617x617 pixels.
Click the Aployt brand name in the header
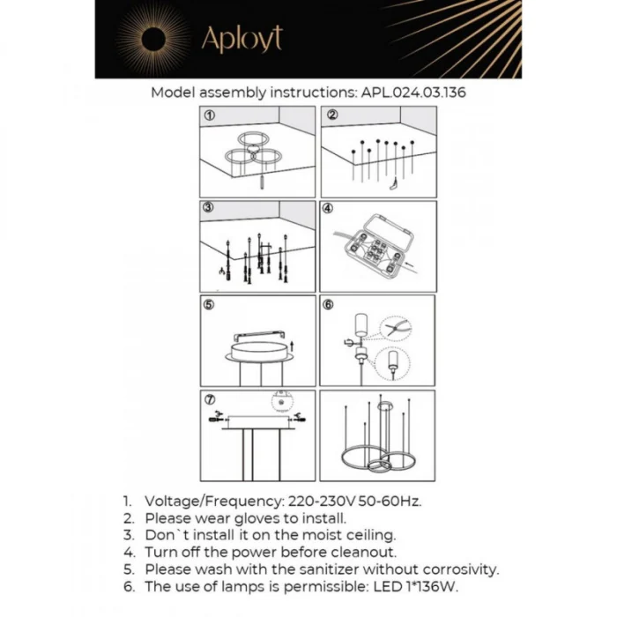(x=242, y=40)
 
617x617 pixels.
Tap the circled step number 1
(x=210, y=115)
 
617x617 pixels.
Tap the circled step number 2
(x=331, y=115)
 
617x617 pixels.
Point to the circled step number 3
(x=210, y=210)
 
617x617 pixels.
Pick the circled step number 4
(x=328, y=210)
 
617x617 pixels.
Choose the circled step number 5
(x=210, y=305)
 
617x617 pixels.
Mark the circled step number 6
(x=329, y=305)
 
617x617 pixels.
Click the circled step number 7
(x=210, y=399)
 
